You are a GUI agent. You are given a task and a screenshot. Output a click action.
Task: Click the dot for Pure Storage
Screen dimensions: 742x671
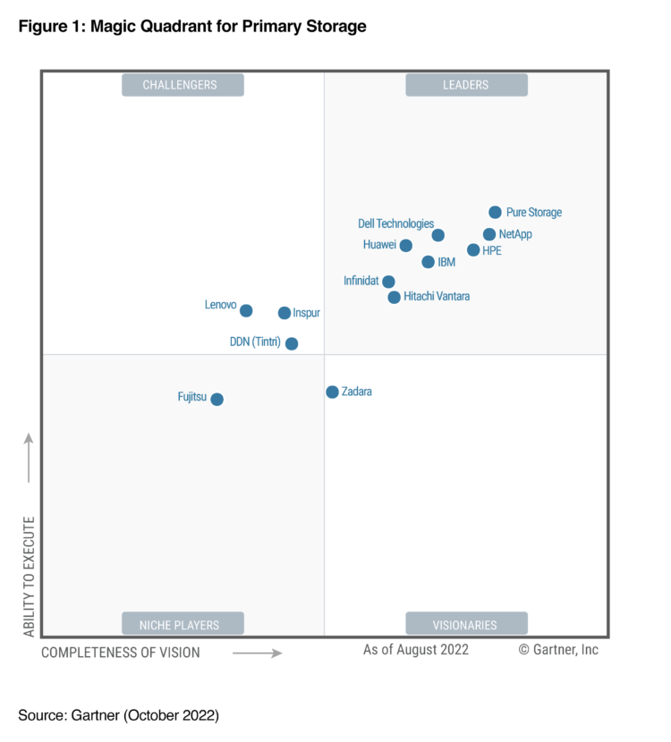click(495, 212)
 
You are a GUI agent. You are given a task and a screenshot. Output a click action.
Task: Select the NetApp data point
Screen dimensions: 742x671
click(489, 234)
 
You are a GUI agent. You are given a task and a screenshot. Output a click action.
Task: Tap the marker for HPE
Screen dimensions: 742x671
click(473, 250)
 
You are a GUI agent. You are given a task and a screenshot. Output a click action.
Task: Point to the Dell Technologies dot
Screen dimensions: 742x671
click(437, 235)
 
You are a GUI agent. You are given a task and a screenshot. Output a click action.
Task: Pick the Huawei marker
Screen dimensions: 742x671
click(406, 245)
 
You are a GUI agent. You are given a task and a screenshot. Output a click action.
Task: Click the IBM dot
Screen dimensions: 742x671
click(429, 262)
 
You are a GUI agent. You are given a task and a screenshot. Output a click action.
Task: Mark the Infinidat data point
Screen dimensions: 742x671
click(388, 282)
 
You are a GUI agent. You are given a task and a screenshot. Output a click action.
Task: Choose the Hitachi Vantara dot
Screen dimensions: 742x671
click(395, 297)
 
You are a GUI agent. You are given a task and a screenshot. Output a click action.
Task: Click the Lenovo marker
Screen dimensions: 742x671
click(246, 310)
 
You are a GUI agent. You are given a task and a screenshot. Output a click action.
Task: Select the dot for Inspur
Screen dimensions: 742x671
click(285, 313)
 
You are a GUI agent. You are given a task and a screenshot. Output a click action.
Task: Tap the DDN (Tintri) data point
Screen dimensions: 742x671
click(292, 343)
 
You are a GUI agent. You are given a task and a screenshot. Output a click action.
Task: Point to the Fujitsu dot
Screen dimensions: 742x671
click(217, 399)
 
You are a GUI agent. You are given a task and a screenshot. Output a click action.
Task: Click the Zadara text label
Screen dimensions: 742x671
click(357, 392)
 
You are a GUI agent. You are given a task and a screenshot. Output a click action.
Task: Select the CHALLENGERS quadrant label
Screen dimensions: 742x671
click(183, 85)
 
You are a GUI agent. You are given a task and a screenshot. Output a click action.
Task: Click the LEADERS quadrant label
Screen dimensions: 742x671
click(466, 85)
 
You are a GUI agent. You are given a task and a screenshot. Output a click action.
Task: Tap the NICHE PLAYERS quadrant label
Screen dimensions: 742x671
click(183, 624)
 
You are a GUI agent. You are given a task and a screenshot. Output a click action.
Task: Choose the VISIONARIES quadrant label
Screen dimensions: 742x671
click(466, 624)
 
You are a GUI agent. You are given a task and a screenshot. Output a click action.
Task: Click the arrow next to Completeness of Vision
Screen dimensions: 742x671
click(258, 653)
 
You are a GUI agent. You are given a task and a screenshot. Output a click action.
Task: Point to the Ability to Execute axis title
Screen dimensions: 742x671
click(29, 577)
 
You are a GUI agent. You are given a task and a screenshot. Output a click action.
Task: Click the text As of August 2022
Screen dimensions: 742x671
click(415, 650)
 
